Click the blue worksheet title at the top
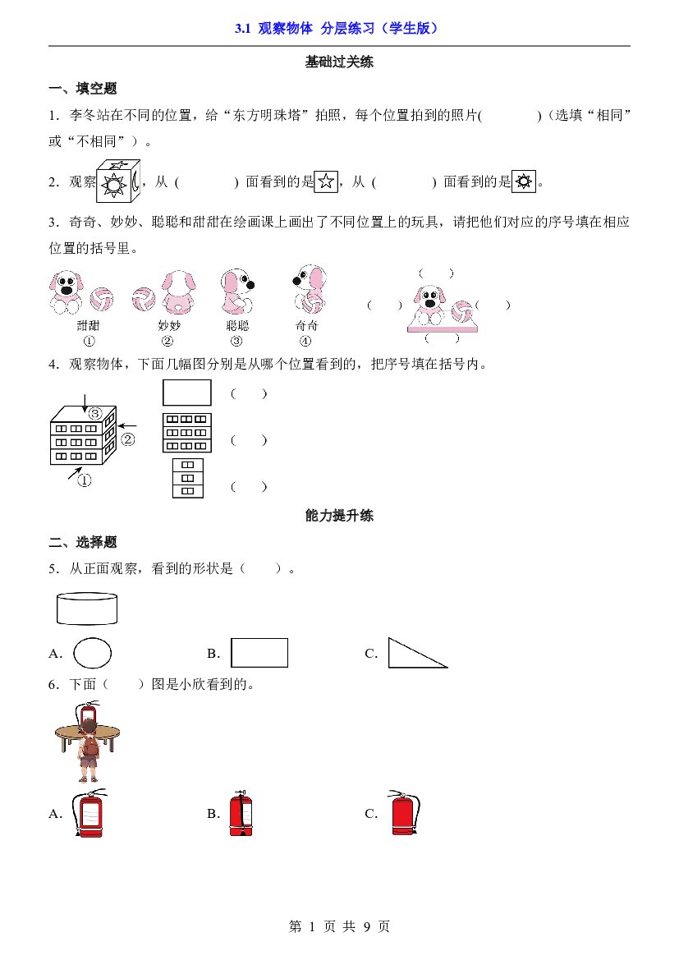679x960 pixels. pos(337,28)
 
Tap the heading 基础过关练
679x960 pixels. pos(339,62)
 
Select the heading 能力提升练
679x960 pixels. pos(339,516)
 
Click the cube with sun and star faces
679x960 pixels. pos(118,181)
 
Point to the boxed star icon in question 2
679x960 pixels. pos(326,181)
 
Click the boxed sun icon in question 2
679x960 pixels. pos(524,181)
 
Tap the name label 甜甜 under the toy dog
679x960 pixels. pos(88,326)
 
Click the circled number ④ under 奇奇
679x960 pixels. pos(305,341)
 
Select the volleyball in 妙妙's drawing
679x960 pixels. pos(144,299)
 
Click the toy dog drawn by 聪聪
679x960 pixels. pos(237,291)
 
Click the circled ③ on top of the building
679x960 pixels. pos(95,413)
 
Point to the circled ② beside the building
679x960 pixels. pos(128,439)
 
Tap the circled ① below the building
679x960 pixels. pos(85,480)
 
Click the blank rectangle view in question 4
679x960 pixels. pos(186,393)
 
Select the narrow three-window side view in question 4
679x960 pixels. pos(188,478)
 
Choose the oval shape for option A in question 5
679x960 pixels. pos(93,653)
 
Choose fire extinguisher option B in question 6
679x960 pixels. pos(241,813)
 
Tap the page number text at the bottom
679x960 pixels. pos(339,926)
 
